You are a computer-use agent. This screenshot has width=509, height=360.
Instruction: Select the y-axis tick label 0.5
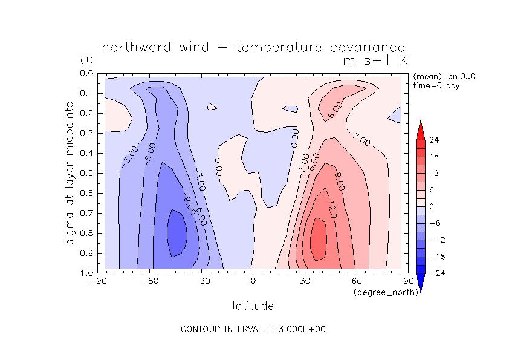pos(86,173)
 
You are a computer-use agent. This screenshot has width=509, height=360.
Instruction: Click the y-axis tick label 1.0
pos(86,273)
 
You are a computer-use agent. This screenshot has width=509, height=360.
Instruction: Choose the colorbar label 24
pos(434,140)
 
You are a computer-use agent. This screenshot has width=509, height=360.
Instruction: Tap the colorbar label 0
pos(432,206)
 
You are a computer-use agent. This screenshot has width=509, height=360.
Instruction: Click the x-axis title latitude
pos(253,306)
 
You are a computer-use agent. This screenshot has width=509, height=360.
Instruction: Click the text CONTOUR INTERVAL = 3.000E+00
pos(254,329)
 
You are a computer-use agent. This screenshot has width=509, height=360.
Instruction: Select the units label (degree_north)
pos(381,292)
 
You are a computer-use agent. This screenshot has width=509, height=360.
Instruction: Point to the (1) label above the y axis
pos(86,61)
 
